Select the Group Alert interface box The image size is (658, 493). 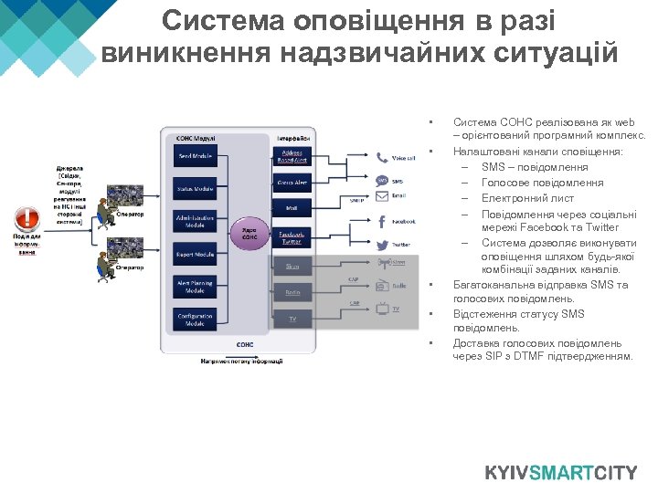click(292, 183)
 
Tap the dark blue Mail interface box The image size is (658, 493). click(292, 209)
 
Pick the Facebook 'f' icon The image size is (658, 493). click(381, 221)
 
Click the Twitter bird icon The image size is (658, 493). click(381, 245)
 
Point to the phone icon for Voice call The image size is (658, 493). click(381, 158)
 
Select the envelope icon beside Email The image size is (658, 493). click(381, 194)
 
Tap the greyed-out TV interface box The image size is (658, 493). click(292, 319)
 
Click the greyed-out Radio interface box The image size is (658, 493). click(292, 292)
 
